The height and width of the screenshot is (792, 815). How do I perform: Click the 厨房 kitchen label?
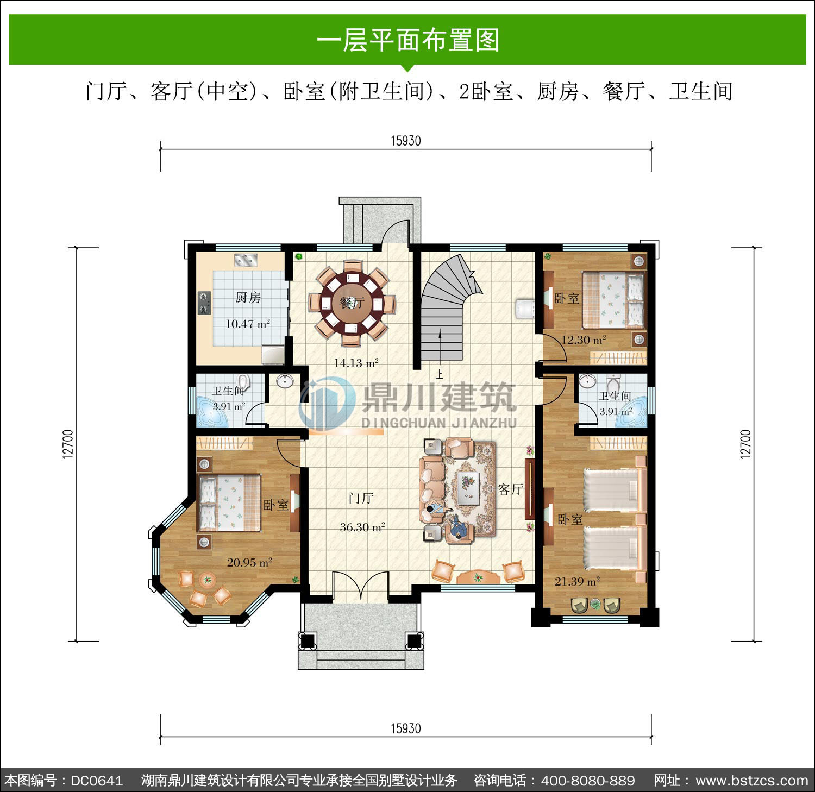tap(248, 297)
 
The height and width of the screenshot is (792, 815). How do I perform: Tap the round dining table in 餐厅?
tap(352, 303)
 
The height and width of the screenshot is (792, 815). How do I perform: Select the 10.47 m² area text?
tap(248, 324)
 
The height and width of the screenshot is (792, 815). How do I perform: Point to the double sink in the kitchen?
tap(246, 260)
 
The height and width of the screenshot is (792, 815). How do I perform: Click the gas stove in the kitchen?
tap(204, 303)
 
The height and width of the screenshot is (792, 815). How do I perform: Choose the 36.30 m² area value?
tap(362, 526)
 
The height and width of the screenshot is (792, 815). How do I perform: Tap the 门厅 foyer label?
tap(361, 498)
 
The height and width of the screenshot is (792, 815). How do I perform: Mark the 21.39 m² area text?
tap(577, 581)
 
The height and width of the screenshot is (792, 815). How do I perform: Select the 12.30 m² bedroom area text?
tap(584, 340)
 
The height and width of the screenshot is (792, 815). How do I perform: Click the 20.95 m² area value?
tap(249, 562)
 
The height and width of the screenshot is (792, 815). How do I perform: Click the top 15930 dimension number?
tap(406, 141)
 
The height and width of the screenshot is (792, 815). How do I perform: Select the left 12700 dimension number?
tap(67, 444)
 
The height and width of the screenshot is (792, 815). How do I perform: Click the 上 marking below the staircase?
tap(439, 374)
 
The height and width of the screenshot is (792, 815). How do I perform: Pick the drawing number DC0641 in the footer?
tap(97, 781)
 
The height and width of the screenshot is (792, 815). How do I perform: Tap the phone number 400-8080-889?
tap(588, 781)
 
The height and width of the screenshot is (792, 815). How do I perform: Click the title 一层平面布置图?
tap(407, 40)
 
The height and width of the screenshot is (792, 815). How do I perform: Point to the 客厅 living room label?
tap(511, 489)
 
